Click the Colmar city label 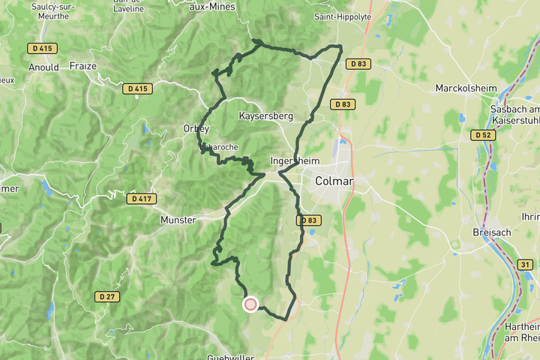coord(334,181)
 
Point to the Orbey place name coord(196,129)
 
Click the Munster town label coord(178,220)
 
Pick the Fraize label coord(82,66)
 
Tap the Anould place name coord(43,67)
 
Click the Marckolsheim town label coord(466,88)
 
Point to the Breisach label coord(492,232)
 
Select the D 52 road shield coord(483,135)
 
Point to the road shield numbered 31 coord(525,265)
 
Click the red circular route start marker coord(250,304)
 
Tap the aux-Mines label coord(212,7)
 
